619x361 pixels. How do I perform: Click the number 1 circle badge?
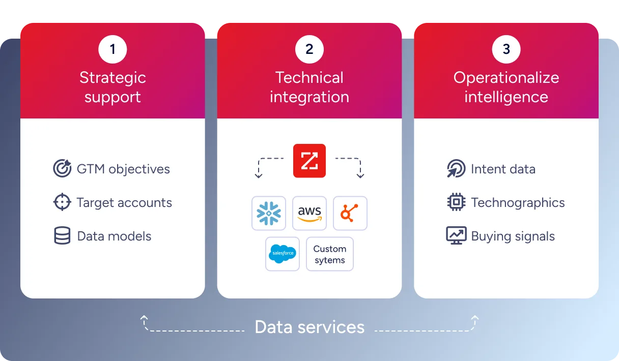[x=112, y=49]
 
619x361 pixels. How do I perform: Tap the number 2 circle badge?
[x=309, y=49]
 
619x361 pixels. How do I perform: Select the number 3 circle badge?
[x=506, y=49]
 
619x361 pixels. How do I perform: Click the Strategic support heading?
[x=112, y=87]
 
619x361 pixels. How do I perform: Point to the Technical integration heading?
[x=309, y=87]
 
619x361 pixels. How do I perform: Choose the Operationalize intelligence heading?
[x=506, y=87]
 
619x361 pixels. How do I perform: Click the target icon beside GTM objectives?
[x=62, y=169]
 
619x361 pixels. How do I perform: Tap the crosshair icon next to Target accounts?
[x=62, y=202]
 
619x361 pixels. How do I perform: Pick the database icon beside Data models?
[x=62, y=236]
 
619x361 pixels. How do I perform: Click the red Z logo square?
[x=309, y=161]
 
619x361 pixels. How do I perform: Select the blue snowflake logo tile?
[x=269, y=213]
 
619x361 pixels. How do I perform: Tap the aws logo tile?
[x=309, y=213]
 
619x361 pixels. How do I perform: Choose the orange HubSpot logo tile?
[x=350, y=213]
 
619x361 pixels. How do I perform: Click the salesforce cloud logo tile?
[x=283, y=254]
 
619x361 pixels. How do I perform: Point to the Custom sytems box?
[x=330, y=254]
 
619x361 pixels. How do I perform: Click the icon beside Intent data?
[x=456, y=169]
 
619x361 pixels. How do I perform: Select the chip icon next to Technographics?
[x=456, y=202]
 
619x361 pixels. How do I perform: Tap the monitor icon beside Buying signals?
[x=456, y=236]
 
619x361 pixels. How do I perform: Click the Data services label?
[x=309, y=327]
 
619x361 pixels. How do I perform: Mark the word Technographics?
[x=518, y=203]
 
